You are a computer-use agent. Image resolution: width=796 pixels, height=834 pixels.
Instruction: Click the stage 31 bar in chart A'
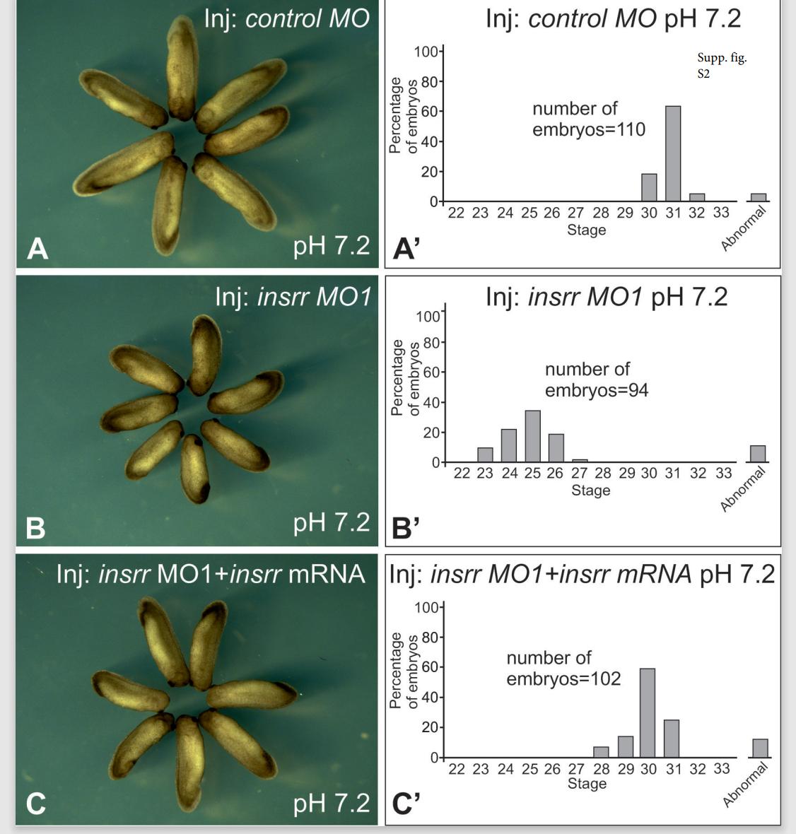pos(673,154)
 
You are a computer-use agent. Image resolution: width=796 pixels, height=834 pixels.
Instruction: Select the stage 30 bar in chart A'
pos(649,188)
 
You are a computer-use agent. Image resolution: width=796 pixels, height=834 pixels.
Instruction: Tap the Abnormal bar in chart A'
pos(758,198)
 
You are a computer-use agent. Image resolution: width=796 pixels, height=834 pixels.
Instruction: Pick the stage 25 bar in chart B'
pos(532,436)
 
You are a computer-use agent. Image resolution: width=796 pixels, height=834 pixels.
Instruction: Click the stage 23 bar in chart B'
pos(485,454)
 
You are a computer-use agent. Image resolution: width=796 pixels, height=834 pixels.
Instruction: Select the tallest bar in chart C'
pos(647,712)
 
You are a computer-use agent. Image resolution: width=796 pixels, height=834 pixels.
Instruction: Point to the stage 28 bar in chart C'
pos(601,752)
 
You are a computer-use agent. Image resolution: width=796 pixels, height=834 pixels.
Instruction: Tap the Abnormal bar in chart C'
pos(760,748)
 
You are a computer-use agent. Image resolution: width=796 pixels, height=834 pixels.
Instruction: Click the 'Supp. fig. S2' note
pos(721,66)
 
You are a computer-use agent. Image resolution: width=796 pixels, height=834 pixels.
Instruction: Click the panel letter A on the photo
pos(37,248)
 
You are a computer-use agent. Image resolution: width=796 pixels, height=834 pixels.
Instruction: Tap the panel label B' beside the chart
pos(405,527)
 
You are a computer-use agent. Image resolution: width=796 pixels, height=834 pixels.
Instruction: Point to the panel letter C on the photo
pos(35,803)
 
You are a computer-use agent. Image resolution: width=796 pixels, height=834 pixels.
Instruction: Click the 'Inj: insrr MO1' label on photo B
pos(293,297)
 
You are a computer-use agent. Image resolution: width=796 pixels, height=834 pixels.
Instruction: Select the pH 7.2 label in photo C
pos(331,803)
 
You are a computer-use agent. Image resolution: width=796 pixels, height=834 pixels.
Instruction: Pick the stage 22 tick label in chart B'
pos(462,474)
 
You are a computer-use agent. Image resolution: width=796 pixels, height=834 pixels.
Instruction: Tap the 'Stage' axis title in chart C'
pos(587,783)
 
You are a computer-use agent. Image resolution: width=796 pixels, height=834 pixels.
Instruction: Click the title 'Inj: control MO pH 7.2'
pos(613,18)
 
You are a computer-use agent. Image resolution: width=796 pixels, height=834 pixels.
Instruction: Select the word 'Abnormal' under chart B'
pos(743,489)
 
